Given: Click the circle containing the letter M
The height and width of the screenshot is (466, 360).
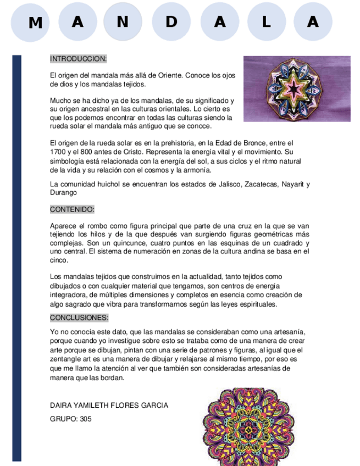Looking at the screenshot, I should [x=35, y=23].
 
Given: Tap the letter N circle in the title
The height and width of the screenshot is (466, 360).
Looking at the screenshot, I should [x=123, y=22].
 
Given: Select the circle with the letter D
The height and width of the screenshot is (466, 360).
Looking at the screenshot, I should [x=171, y=22].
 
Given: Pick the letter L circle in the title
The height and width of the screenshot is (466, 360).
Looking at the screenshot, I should [x=267, y=22].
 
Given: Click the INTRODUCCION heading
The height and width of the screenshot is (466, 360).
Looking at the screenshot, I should [x=78, y=58].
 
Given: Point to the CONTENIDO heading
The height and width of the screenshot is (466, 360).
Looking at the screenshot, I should [x=72, y=209].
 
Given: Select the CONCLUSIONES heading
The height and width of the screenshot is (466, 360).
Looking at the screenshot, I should [x=79, y=318].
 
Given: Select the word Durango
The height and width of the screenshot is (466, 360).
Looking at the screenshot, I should [x=63, y=193].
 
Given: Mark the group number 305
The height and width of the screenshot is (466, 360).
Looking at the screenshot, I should [x=85, y=419].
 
